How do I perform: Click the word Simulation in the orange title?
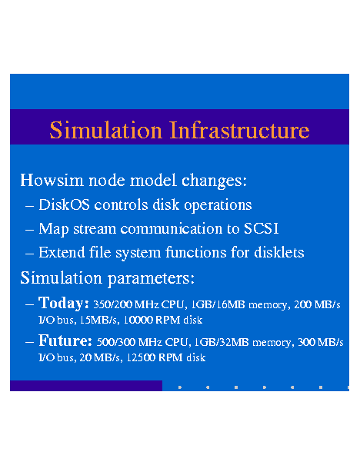[105, 130]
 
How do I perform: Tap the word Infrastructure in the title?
[239, 130]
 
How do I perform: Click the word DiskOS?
[64, 204]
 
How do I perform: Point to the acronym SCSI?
[262, 228]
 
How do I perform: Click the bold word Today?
[64, 303]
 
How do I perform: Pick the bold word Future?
[65, 340]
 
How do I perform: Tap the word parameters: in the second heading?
[151, 279]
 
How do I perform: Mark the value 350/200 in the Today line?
[112, 304]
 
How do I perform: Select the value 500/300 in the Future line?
[116, 342]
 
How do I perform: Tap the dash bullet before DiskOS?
[29, 206]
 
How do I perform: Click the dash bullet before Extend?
[29, 254]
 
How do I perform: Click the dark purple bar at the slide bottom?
[86, 386]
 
